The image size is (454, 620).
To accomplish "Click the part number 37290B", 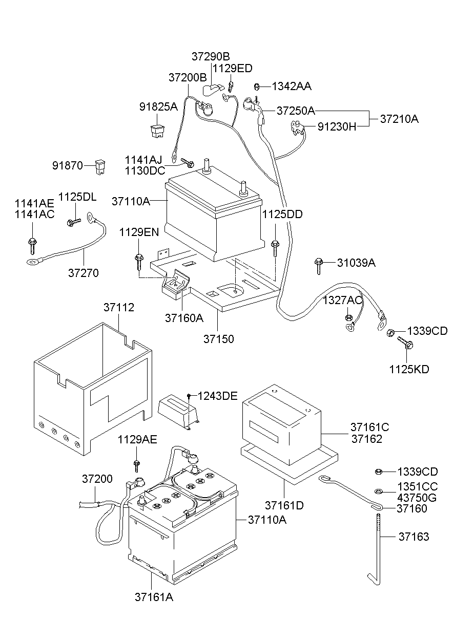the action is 211,56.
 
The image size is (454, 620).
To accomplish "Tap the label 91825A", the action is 158,106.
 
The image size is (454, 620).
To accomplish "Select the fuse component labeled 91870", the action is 100,166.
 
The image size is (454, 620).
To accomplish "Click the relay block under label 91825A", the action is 157,131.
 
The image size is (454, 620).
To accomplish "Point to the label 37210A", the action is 399,119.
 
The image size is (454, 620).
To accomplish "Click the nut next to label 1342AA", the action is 257,87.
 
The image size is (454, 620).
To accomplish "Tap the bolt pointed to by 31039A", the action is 319,266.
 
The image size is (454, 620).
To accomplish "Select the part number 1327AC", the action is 343,300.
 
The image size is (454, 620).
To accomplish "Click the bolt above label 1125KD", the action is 405,343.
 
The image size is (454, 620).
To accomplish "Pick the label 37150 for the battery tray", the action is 219,339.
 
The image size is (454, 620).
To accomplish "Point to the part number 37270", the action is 84,273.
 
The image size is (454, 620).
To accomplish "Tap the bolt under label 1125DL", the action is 74,222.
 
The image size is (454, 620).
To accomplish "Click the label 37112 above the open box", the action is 119,308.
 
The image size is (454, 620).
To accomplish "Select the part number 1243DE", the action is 217,396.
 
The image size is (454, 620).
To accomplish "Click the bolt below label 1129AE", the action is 136,466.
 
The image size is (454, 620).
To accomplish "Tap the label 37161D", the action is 284,506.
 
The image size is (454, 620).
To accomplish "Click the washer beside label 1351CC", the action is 378,491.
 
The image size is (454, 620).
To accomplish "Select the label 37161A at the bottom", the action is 154,597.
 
